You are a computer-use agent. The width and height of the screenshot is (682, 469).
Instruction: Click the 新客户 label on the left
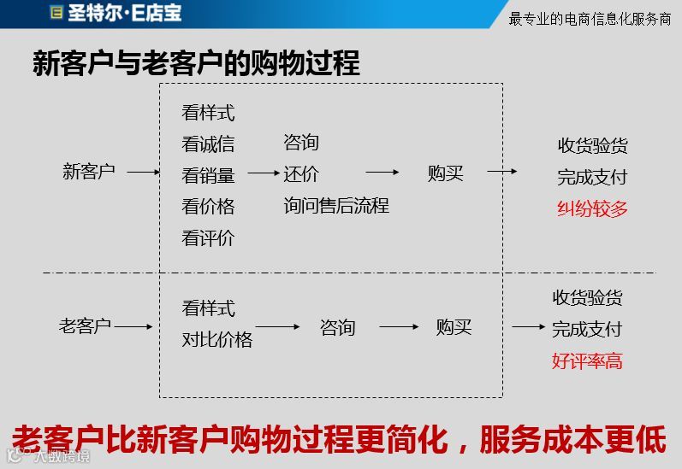coord(88,172)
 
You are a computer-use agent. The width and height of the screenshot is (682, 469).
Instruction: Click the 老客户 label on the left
coord(85,326)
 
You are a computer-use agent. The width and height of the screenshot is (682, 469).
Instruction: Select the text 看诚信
coord(208,144)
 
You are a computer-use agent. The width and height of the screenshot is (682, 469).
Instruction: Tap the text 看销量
coord(208,175)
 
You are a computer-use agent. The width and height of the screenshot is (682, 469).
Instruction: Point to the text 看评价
coord(208,238)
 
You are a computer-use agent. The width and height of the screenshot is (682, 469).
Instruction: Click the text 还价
coord(301,174)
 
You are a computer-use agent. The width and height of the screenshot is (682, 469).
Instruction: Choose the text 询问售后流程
coord(336,205)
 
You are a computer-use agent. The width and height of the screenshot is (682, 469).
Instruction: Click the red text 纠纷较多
coord(592,208)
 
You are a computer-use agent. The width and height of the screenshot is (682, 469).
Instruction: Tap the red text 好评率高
coord(587,361)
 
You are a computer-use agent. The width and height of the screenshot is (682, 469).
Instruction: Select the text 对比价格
coord(217,339)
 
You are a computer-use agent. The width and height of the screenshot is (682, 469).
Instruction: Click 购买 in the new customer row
coord(445,173)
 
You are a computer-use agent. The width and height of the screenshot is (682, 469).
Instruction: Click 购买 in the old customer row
coord(454,327)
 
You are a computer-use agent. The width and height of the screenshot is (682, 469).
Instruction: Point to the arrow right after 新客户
coord(144,173)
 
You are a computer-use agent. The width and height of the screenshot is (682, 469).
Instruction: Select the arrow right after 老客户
coord(133,327)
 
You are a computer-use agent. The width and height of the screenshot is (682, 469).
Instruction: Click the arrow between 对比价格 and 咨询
coord(278,327)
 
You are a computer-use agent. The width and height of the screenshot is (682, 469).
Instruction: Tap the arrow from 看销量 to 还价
coord(264,173)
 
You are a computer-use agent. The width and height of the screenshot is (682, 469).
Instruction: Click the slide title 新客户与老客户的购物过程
coord(196,63)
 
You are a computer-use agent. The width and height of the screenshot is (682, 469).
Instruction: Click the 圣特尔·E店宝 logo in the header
coord(116,13)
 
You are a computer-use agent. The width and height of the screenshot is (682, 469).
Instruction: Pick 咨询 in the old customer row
coord(337,327)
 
